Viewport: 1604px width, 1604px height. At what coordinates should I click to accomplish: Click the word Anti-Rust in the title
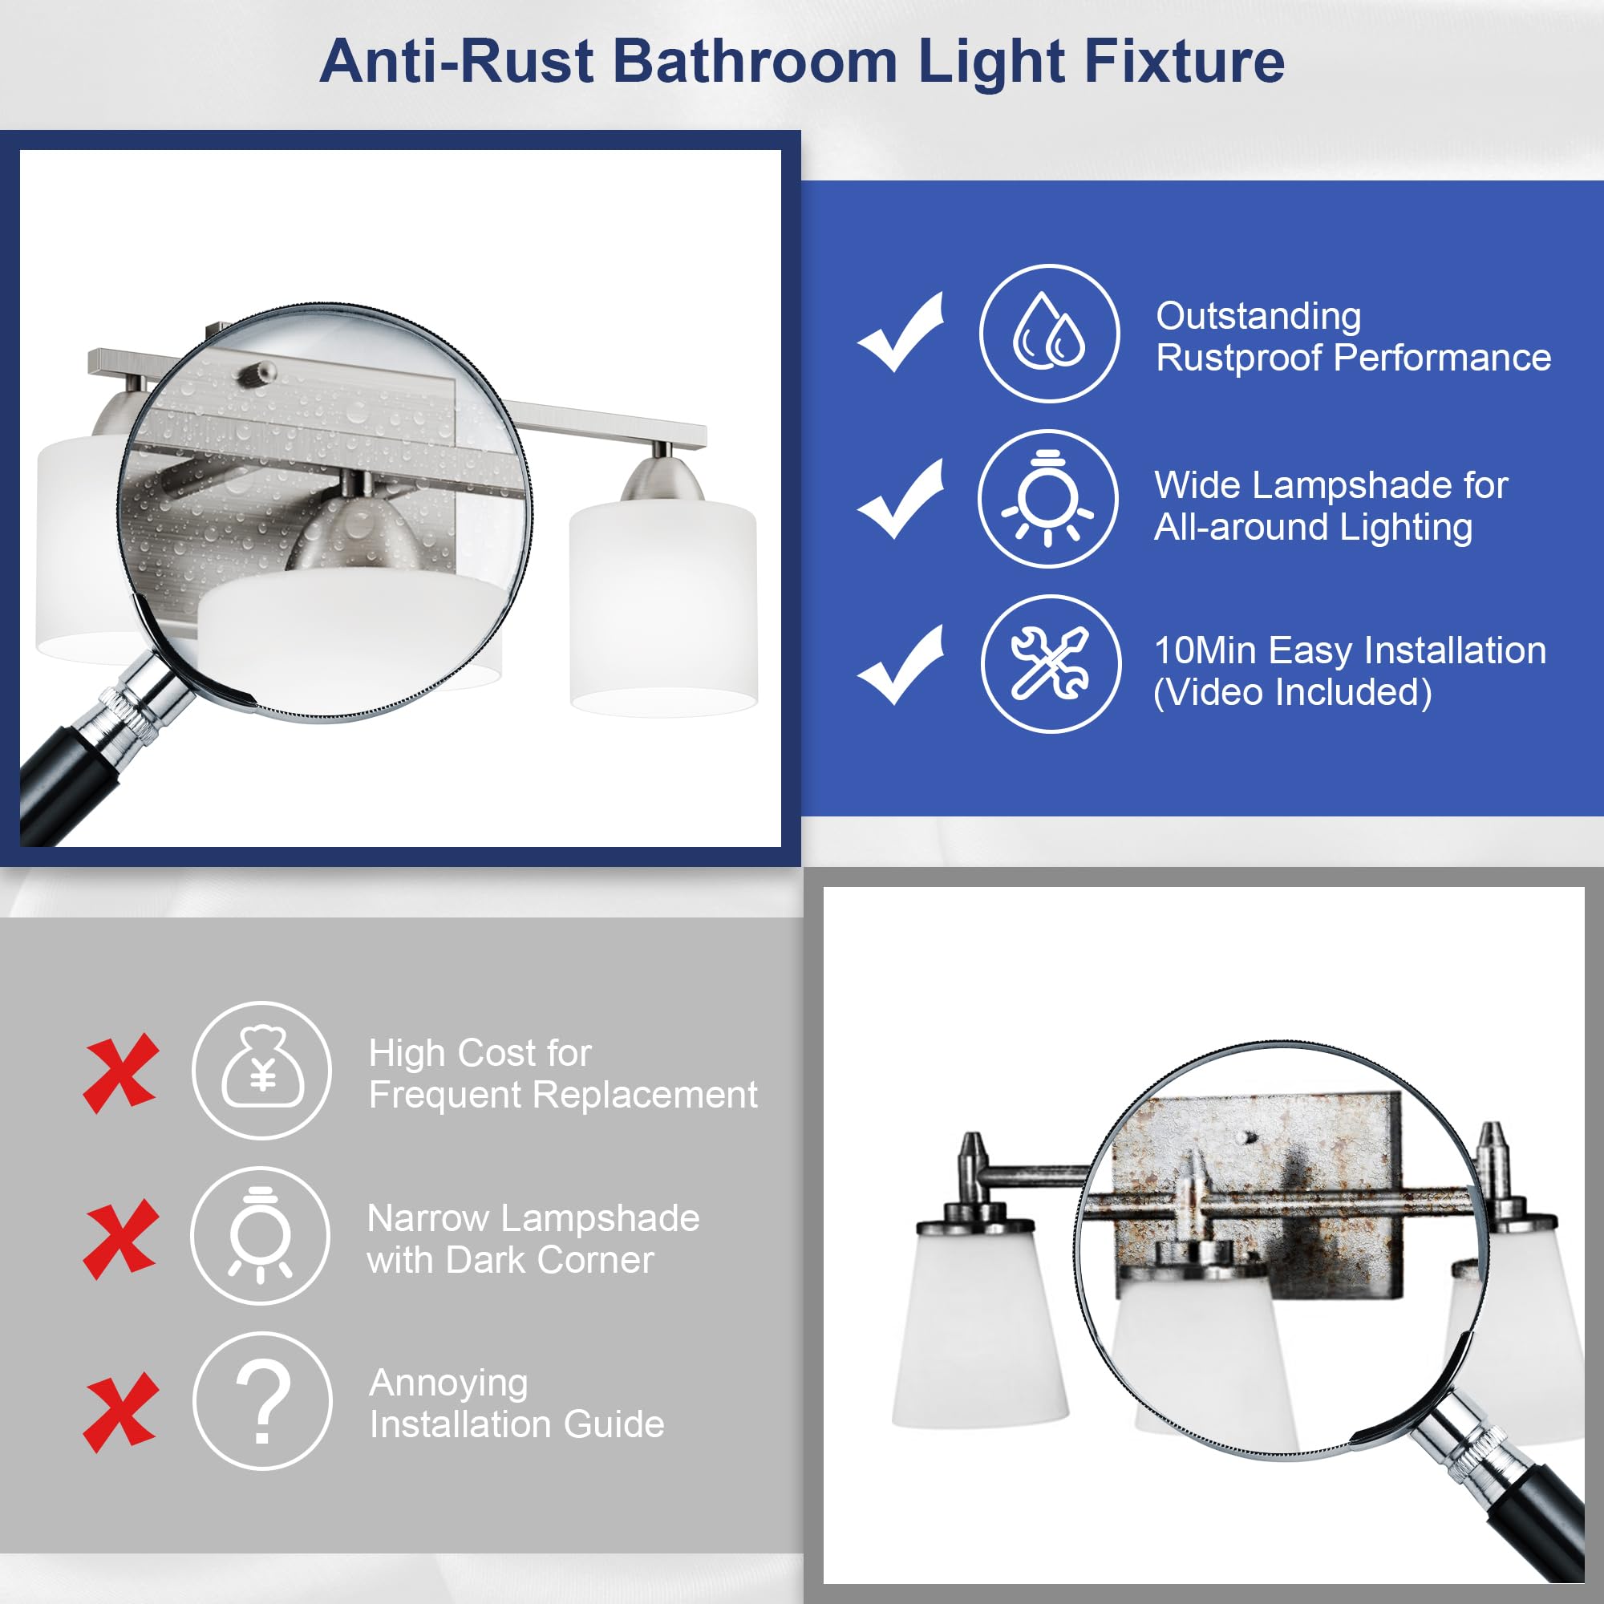456,63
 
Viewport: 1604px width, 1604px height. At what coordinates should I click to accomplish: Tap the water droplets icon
1049,334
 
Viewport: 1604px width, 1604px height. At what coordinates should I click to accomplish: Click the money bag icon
262,1070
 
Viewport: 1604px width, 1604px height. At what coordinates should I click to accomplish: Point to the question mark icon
263,1401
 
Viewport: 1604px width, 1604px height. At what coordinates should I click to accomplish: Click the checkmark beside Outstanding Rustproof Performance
901,332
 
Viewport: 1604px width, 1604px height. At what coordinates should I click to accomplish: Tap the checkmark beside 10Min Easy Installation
901,665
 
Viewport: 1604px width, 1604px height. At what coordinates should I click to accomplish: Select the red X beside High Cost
120,1072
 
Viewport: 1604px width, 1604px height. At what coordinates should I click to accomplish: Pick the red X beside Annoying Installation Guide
120,1412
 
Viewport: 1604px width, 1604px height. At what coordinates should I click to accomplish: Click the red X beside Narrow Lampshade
120,1239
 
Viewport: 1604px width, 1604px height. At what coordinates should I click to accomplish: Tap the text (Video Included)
1293,692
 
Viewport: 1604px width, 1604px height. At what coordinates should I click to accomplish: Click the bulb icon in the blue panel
1047,499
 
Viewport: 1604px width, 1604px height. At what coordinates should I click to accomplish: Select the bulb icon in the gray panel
261,1236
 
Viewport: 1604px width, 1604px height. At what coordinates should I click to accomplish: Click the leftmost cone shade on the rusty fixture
978,1328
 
